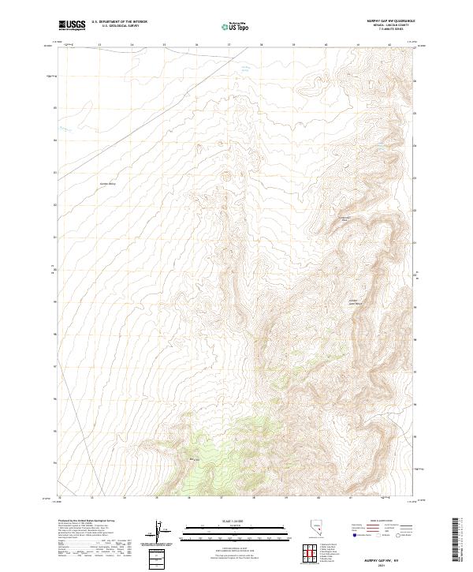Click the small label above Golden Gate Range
pos(344,218)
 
